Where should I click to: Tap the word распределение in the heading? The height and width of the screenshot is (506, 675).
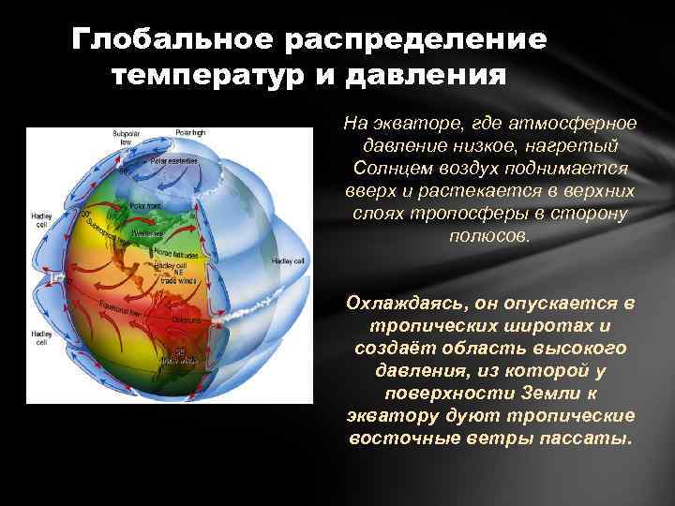pos(422,40)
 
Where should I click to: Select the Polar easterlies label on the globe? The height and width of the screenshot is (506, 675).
pos(172,161)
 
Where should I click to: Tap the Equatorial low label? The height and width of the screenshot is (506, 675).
pos(144,310)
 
